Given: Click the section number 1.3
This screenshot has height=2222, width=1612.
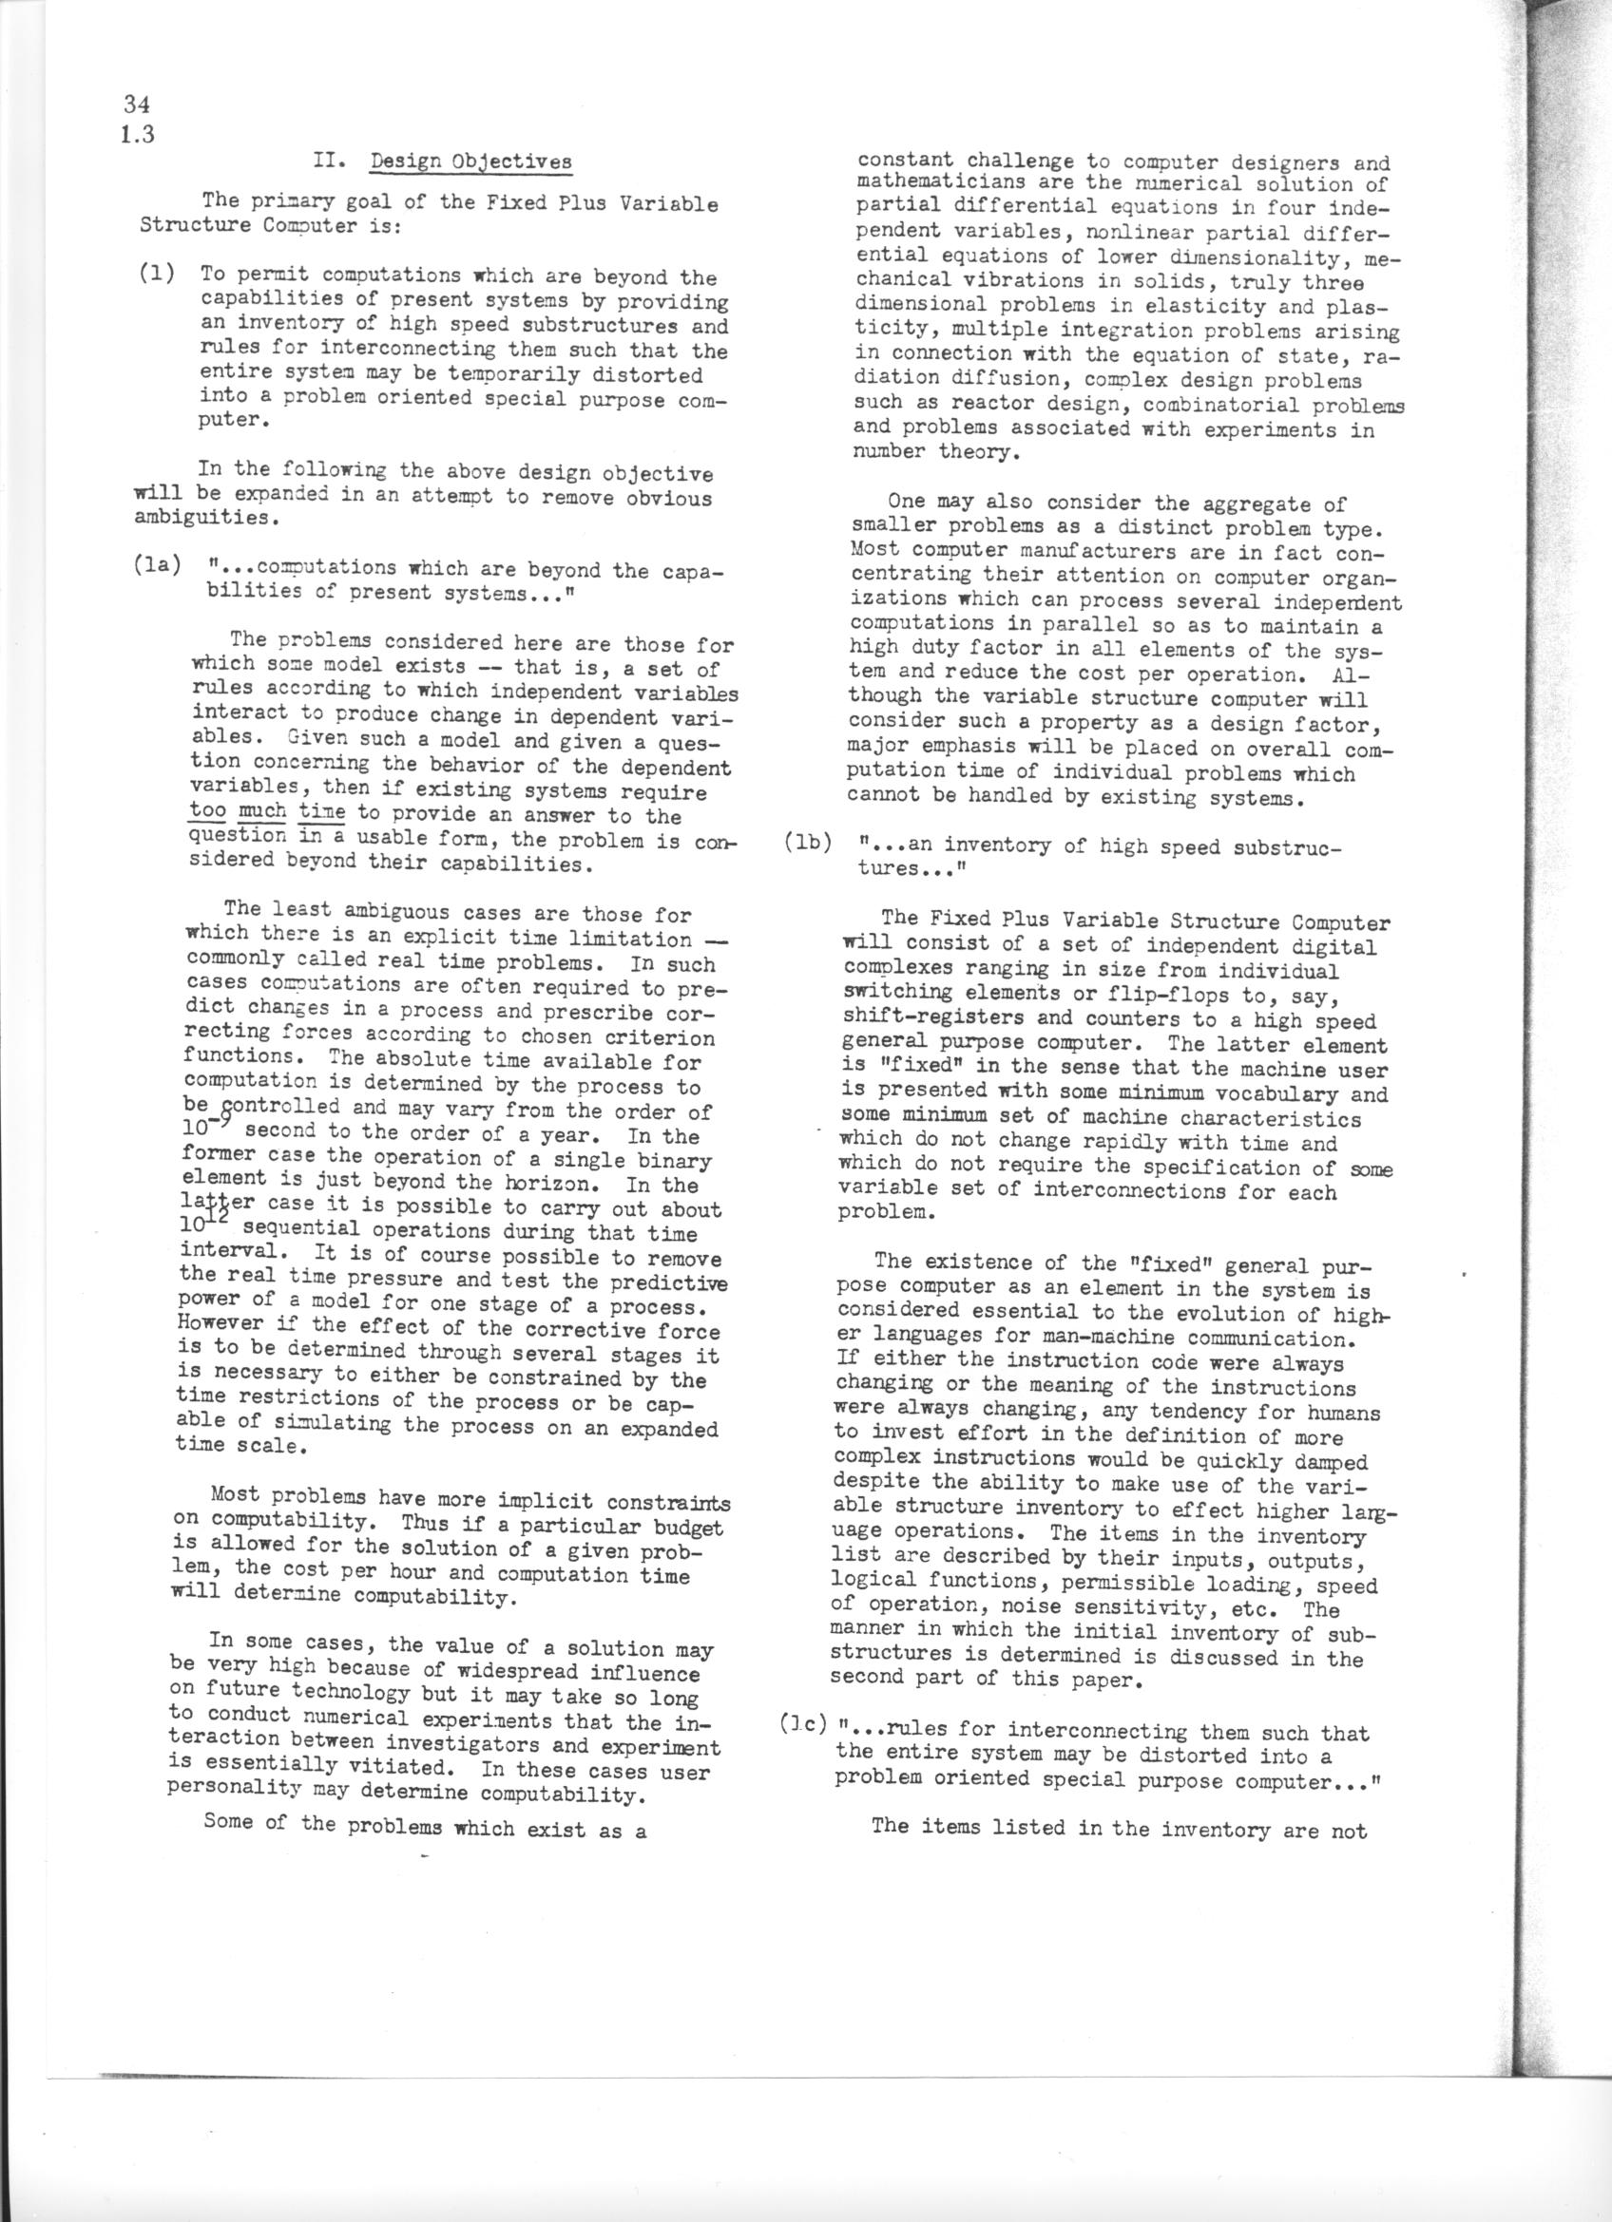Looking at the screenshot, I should [x=137, y=134].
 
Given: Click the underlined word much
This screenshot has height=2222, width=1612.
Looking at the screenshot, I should [x=262, y=811].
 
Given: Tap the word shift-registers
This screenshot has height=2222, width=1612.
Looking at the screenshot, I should [x=925, y=1021].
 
